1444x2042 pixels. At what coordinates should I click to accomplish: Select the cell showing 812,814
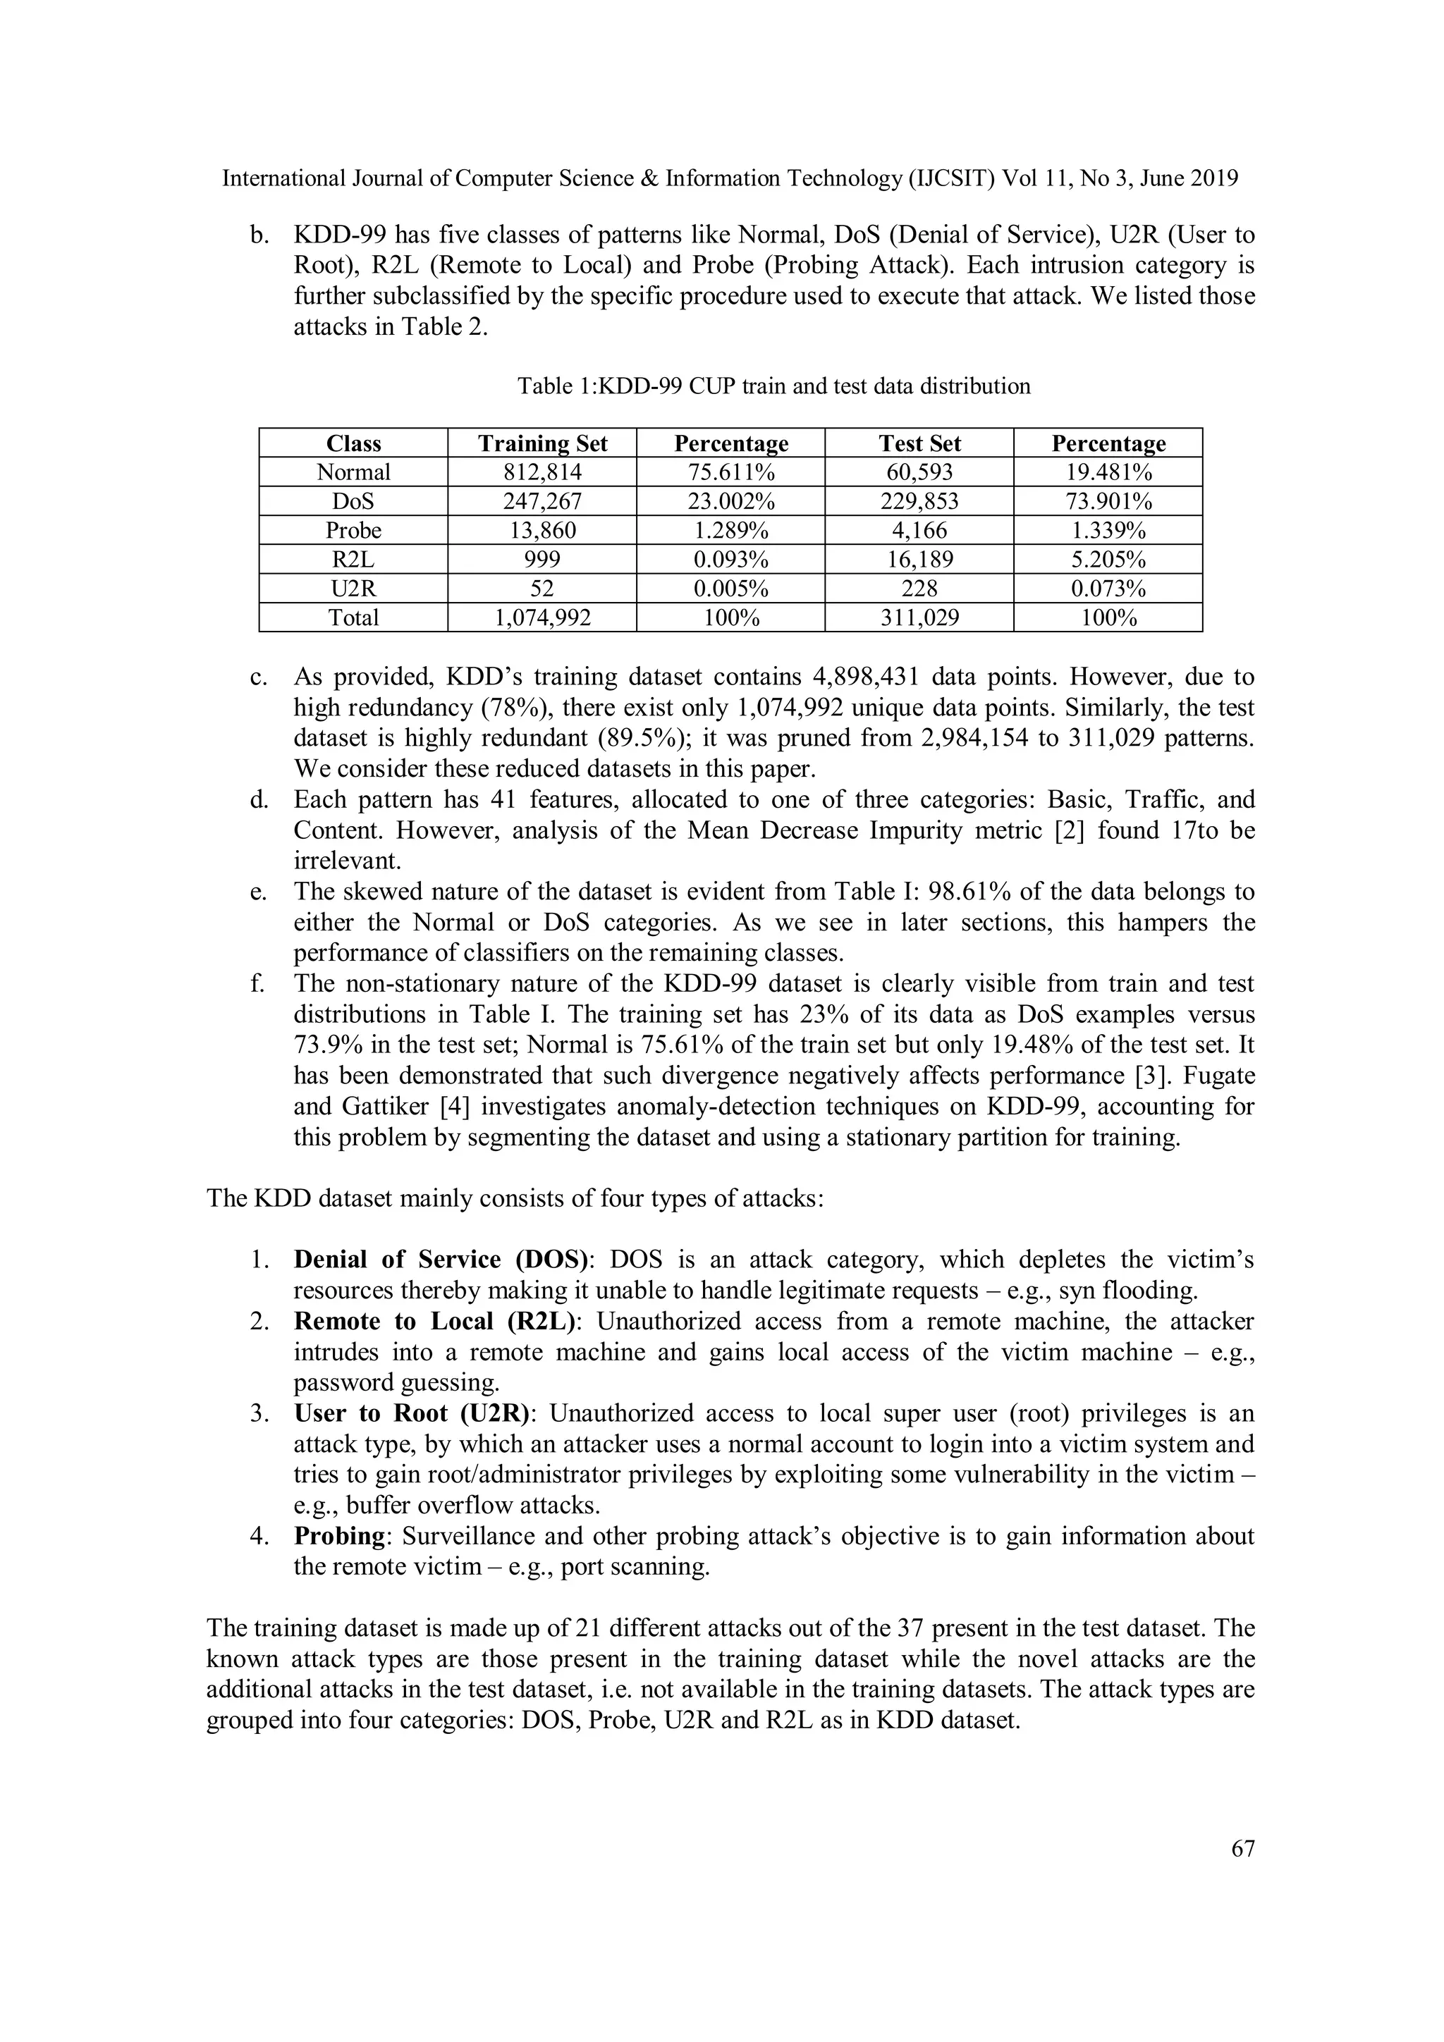click(541, 472)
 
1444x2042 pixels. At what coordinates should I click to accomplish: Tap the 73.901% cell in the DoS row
click(1108, 502)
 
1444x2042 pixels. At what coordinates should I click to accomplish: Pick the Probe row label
click(353, 531)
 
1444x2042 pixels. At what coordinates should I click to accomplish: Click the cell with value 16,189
click(919, 560)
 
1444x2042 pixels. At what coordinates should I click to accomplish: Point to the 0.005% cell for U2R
click(730, 589)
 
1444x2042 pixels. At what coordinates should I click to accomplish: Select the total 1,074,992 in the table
click(541, 618)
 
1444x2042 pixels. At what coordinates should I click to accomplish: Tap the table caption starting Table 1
click(773, 386)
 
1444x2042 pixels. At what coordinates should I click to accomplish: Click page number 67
click(1242, 1849)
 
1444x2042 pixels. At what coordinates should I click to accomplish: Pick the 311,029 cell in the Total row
click(919, 618)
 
